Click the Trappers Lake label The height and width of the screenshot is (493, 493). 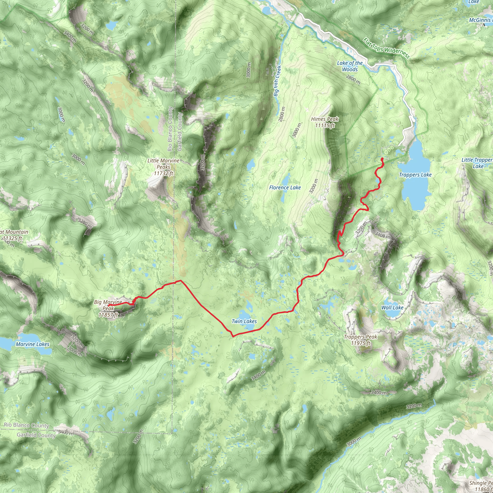tap(415, 175)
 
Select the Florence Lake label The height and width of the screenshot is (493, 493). tap(285, 188)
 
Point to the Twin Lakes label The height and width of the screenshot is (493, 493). tap(244, 321)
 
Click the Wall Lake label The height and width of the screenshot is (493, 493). tap(392, 307)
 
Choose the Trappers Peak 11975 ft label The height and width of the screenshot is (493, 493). tap(360, 340)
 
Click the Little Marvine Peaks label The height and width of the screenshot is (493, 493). tap(163, 167)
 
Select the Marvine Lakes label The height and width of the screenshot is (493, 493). tap(33, 344)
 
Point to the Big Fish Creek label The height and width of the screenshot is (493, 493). tap(277, 81)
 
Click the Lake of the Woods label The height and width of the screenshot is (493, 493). tap(350, 66)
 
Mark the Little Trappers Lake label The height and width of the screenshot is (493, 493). tap(477, 163)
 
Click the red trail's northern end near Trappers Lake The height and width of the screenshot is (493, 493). tap(382, 159)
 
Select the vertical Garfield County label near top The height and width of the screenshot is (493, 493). tap(180, 131)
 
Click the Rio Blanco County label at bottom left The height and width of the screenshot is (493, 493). tap(26, 425)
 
